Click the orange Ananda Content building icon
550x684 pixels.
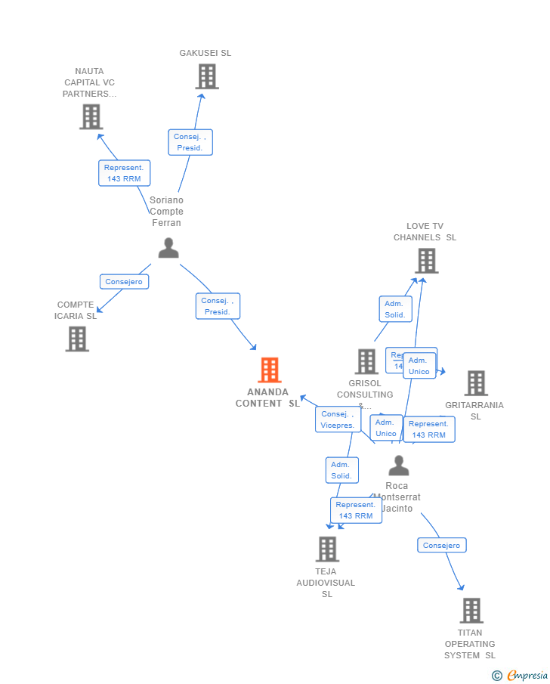(270, 370)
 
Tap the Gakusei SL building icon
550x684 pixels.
(206, 76)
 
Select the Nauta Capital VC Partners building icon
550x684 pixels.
(91, 117)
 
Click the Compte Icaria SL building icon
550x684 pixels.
(77, 339)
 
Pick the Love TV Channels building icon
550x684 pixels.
(426, 261)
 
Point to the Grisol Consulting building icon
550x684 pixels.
(366, 361)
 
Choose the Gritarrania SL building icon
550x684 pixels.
(476, 383)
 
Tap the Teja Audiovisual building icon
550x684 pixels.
(327, 549)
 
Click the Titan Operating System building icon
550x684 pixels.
(471, 610)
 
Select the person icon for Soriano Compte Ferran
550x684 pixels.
(168, 248)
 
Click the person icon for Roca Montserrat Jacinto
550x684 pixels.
(398, 465)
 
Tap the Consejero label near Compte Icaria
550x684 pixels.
(124, 282)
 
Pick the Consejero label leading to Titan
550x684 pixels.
(442, 545)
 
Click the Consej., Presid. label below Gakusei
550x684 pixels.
(190, 142)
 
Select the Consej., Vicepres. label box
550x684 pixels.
(338, 419)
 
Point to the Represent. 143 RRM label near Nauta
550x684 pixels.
(124, 173)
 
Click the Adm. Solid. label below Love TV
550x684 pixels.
(395, 309)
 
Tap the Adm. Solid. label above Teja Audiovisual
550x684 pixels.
(341, 470)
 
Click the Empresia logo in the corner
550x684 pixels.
(521, 675)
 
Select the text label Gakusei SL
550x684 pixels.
(205, 53)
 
